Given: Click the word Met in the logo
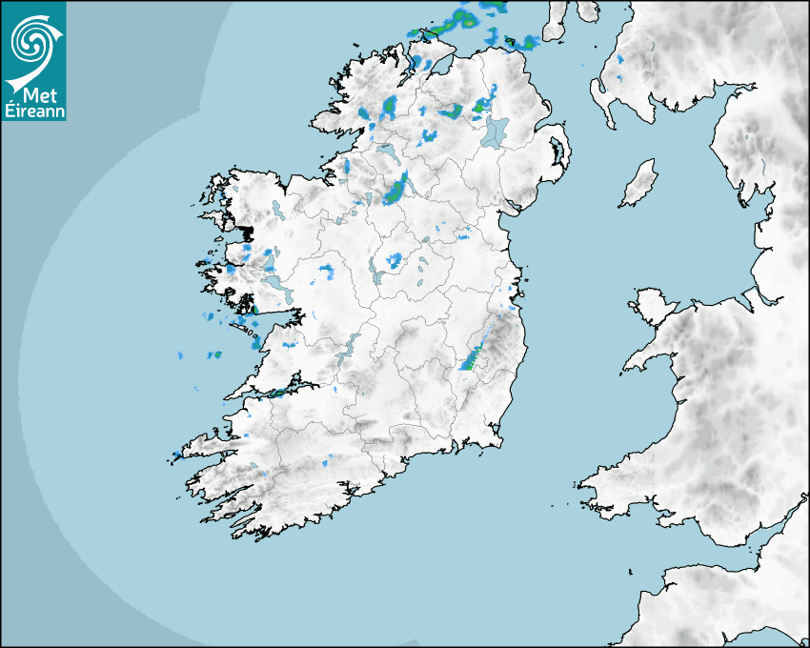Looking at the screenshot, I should click(x=33, y=94).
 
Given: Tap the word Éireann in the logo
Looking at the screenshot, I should click(x=33, y=111).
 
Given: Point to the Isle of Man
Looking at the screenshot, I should click(x=639, y=183).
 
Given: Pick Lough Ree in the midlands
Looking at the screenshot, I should click(x=374, y=274).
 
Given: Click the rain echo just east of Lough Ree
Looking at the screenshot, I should click(x=395, y=259).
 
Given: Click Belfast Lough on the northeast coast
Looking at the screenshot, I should click(x=545, y=107).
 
